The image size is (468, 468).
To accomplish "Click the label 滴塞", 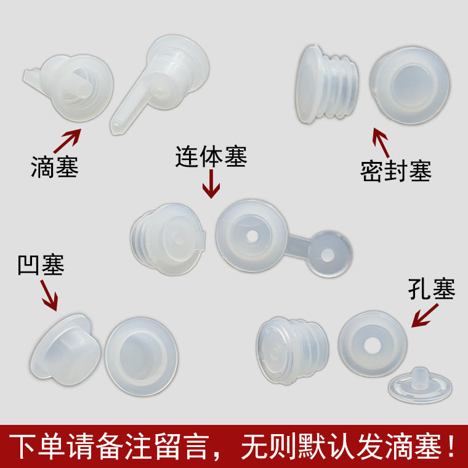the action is click(55, 167).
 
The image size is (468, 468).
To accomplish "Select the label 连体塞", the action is click(211, 158).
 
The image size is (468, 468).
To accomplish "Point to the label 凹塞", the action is click(41, 266).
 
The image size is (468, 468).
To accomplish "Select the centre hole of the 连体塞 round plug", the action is click(252, 236).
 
